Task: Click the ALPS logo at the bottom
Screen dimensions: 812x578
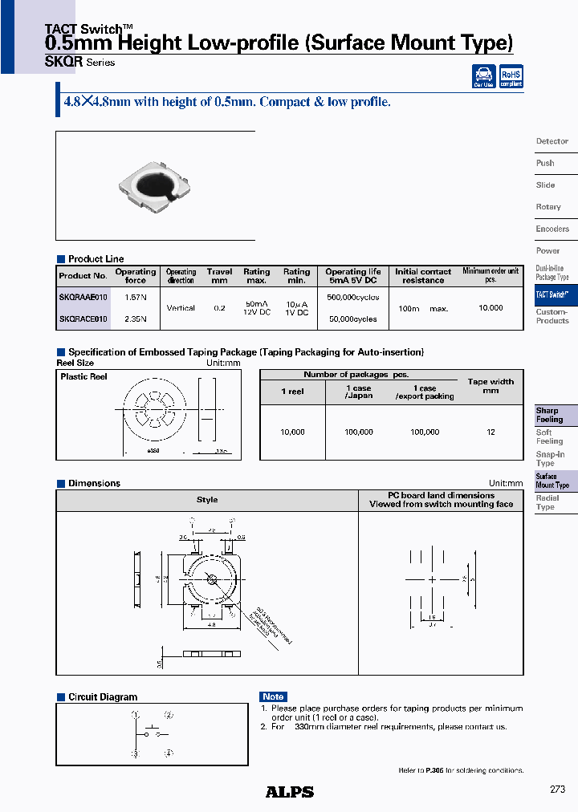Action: coord(289,792)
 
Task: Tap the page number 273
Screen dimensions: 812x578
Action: coord(557,790)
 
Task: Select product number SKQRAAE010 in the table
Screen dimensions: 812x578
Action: coord(83,297)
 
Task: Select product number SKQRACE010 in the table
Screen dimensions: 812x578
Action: coord(83,319)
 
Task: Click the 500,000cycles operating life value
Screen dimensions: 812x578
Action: coord(353,297)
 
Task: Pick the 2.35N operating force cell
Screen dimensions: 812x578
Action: coord(136,319)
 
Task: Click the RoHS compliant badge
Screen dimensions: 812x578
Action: coord(511,76)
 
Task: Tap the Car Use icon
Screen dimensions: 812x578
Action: coord(483,76)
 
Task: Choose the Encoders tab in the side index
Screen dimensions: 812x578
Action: coord(552,229)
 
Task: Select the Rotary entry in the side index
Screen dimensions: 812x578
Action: coord(548,207)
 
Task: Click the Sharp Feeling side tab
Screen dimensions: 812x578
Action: coord(550,415)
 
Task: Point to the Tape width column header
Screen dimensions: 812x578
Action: coord(490,385)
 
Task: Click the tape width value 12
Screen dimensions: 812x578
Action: coord(490,432)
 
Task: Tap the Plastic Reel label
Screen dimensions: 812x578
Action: coord(83,376)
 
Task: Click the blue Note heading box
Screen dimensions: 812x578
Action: coord(273,696)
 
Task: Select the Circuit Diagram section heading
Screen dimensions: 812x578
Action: coord(103,697)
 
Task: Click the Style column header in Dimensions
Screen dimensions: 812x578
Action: coord(207,500)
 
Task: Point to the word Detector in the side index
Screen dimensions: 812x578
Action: coord(552,141)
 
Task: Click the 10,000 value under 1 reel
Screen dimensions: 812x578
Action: coord(292,432)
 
